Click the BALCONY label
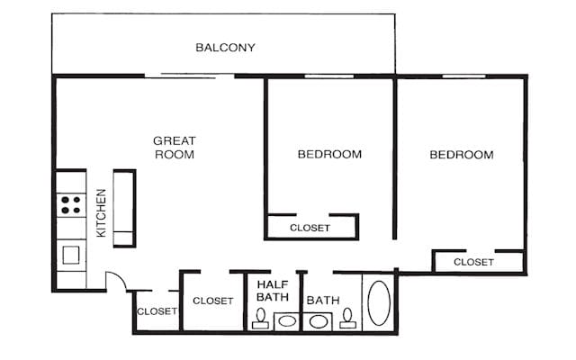tap(226, 48)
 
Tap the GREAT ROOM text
tap(175, 148)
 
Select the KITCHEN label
tap(102, 212)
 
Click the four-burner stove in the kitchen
tap(71, 204)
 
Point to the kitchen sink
tap(70, 255)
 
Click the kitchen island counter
tap(123, 208)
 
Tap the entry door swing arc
tap(117, 281)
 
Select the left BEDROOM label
tap(329, 154)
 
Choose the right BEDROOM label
tap(461, 155)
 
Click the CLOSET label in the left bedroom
tap(310, 228)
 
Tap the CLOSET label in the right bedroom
tap(473, 262)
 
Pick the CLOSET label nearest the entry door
tap(157, 311)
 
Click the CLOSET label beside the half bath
tap(213, 301)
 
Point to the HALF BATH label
tap(272, 290)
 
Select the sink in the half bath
tap(287, 320)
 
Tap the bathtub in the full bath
tap(379, 302)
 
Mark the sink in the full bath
tap(318, 320)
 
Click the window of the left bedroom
tap(328, 76)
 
